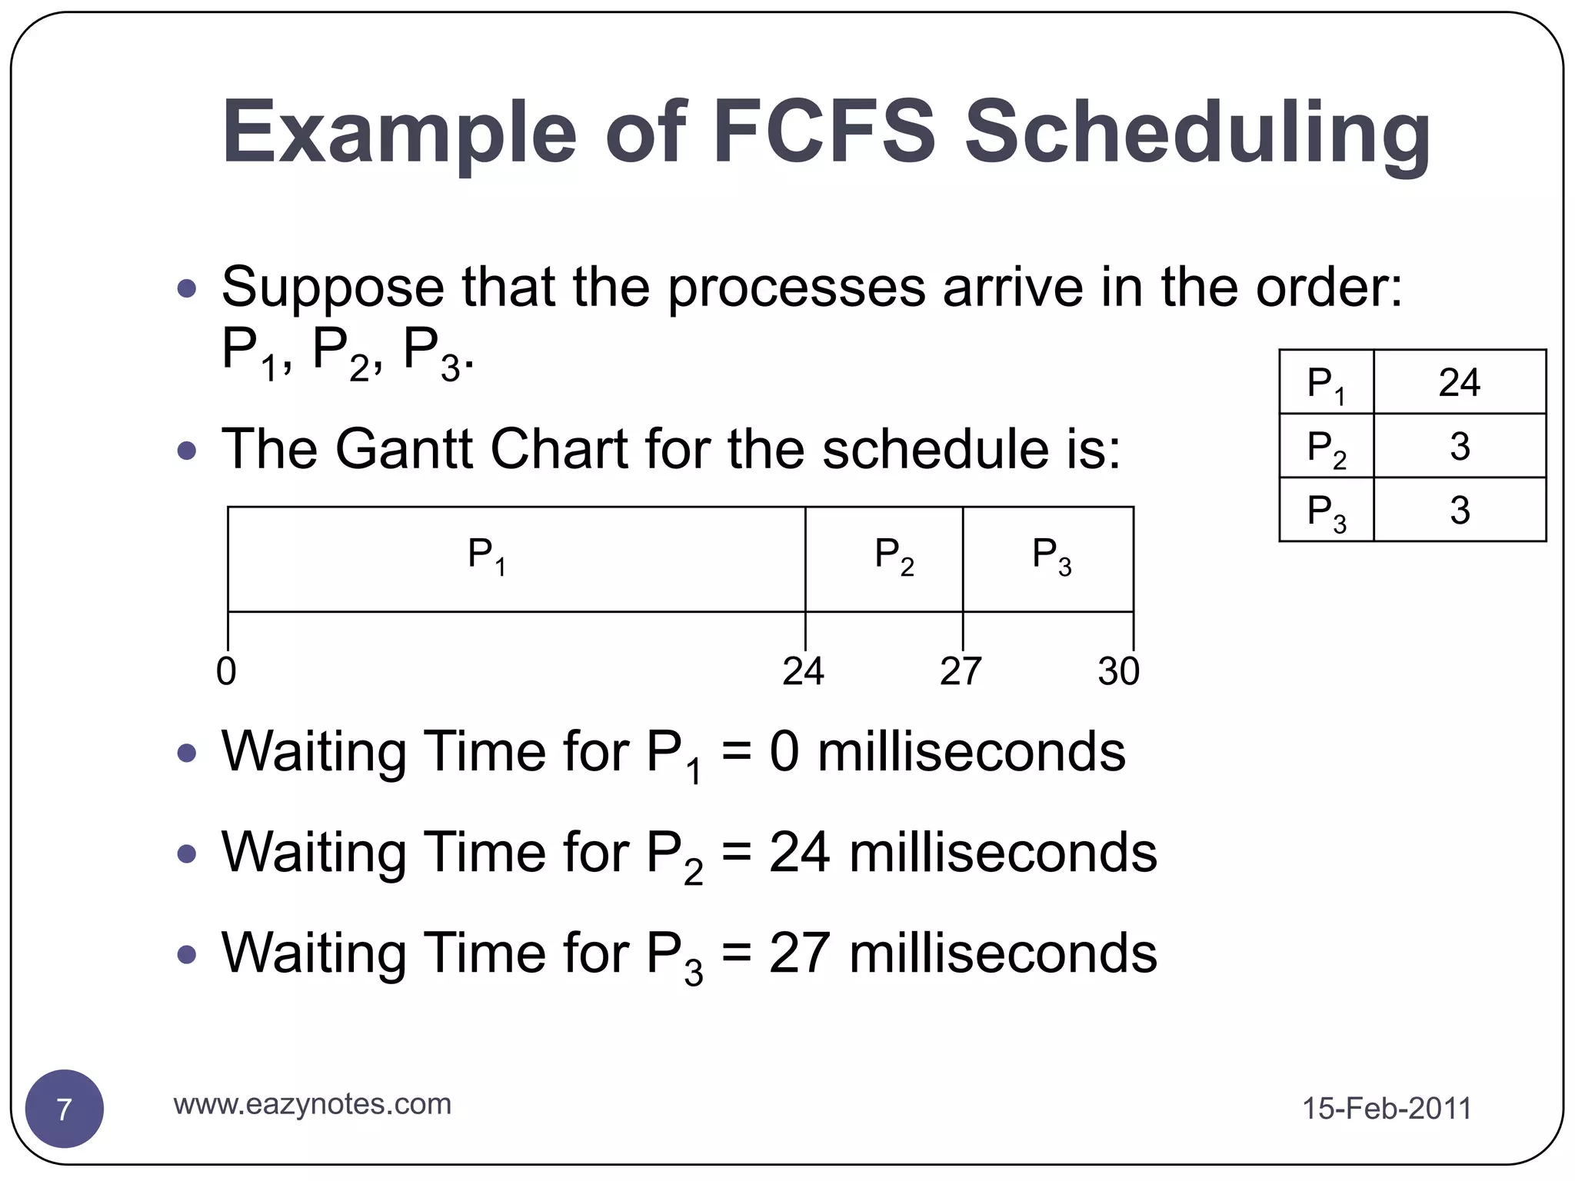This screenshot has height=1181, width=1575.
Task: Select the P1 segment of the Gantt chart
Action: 516,559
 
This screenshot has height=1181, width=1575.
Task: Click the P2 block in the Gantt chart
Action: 884,559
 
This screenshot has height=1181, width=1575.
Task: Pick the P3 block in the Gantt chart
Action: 1048,559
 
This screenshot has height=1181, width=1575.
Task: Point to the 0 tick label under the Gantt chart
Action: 226,671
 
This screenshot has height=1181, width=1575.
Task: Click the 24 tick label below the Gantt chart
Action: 803,671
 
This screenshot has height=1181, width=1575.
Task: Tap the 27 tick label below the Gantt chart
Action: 961,671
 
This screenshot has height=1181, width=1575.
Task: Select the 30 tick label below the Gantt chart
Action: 1118,671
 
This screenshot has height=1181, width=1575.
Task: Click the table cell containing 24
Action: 1459,382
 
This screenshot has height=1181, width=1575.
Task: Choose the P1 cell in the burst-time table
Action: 1326,382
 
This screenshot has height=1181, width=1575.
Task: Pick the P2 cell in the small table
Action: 1326,446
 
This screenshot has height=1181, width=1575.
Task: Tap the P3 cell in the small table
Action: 1326,510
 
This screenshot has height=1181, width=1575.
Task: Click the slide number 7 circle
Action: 65,1109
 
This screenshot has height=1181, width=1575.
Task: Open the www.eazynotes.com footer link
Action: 312,1104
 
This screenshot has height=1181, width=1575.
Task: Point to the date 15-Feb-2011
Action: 1386,1109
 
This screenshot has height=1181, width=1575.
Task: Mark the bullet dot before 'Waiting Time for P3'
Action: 186,954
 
